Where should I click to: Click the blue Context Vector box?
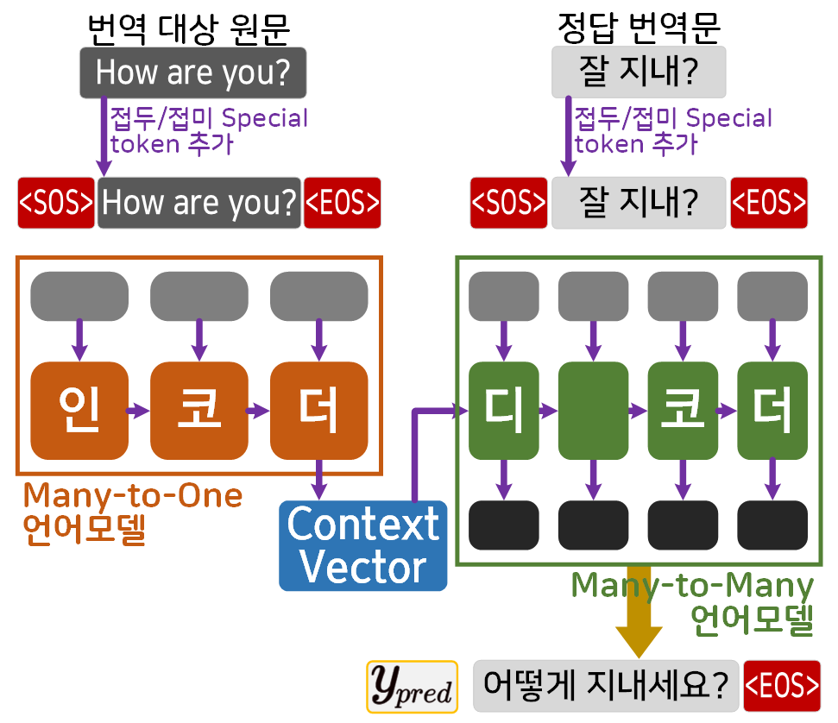click(x=363, y=545)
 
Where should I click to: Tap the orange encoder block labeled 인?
click(x=79, y=412)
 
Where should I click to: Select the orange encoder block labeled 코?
click(x=198, y=412)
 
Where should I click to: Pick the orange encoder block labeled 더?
click(x=318, y=412)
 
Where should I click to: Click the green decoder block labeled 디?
click(x=503, y=412)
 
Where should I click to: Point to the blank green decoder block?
click(x=593, y=412)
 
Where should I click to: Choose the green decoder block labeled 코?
click(x=683, y=412)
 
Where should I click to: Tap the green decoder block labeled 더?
click(x=772, y=412)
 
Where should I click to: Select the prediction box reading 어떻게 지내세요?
click(x=605, y=687)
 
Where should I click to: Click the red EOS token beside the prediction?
click(x=782, y=687)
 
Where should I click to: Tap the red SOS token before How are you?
click(x=56, y=203)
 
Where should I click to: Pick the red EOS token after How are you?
click(x=343, y=203)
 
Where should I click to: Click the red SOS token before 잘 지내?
click(x=508, y=203)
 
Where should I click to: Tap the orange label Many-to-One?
click(x=132, y=496)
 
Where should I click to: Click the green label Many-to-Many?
click(x=692, y=586)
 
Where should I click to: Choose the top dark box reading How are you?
click(x=192, y=72)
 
